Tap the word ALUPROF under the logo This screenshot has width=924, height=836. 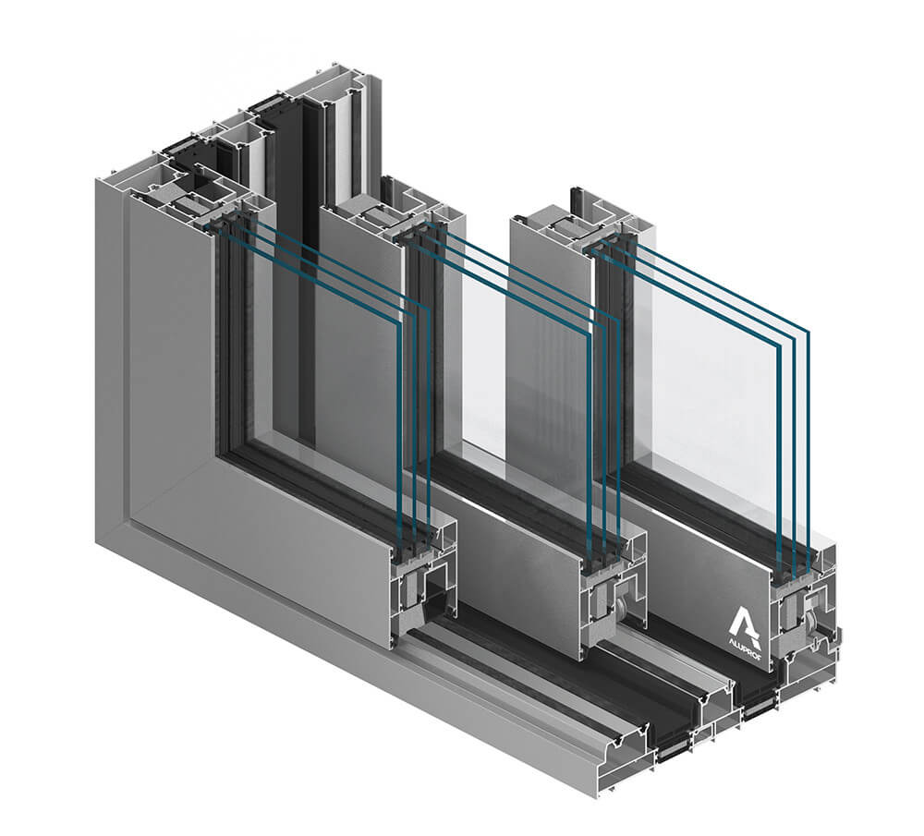(x=745, y=643)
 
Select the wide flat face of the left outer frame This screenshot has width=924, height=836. (x=157, y=370)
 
